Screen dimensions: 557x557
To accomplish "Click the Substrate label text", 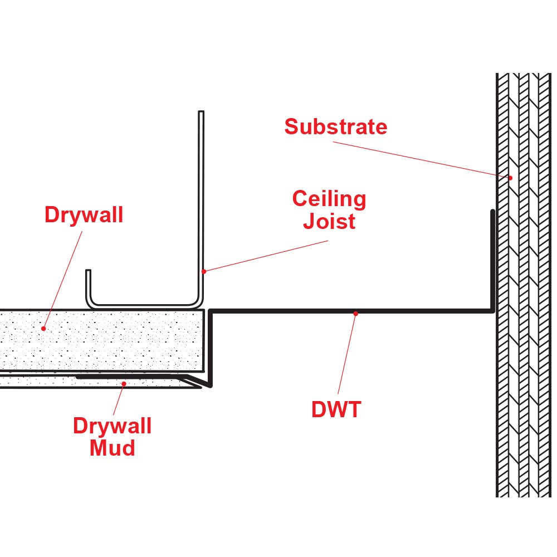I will [335, 127].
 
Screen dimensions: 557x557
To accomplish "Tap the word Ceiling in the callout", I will [329, 199].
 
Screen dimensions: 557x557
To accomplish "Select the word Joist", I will [329, 221].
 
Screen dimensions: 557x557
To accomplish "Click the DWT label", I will [336, 410].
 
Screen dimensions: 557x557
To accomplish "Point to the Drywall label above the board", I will [84, 215].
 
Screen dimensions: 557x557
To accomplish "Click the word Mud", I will [113, 447].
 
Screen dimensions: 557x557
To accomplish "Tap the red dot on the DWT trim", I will [355, 313].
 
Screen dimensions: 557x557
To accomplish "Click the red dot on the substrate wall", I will [510, 178].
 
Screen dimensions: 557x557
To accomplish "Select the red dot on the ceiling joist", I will [204, 271].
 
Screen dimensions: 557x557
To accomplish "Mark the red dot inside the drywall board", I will [43, 329].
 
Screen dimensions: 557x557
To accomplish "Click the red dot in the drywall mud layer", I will [124, 383].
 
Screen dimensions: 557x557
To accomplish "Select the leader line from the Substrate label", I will [423, 160].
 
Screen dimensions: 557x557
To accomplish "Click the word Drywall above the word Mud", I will [113, 426].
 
